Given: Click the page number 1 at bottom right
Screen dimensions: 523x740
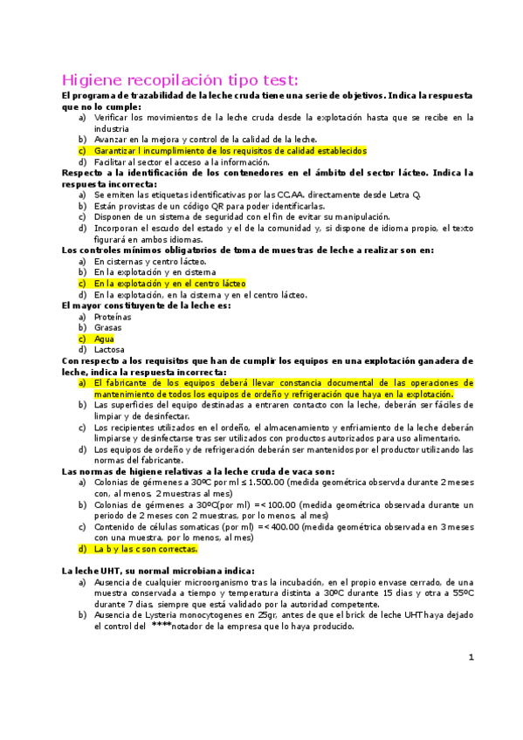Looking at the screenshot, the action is (470, 682).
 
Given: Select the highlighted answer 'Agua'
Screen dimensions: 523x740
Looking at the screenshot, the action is (104, 339).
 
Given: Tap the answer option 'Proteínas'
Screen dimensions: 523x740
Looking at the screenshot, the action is (114, 318).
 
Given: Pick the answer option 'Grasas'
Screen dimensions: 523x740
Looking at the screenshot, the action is (108, 328).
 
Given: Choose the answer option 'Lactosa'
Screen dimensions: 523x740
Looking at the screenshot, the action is (110, 349).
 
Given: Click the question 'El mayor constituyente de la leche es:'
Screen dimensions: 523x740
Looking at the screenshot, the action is (146, 306).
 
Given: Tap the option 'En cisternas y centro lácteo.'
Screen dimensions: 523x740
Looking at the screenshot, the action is (149, 262).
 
